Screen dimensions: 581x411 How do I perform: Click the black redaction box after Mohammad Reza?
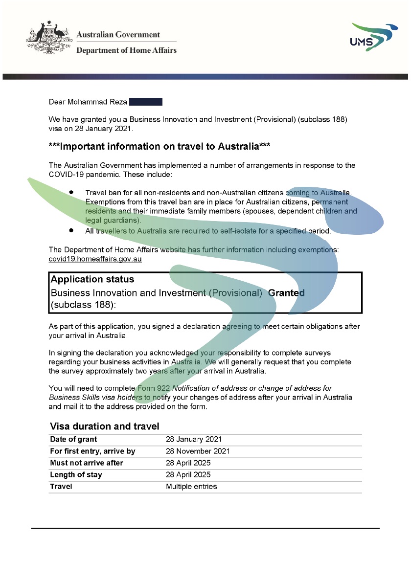click(x=145, y=102)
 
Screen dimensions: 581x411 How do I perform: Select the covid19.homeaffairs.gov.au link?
click(x=95, y=259)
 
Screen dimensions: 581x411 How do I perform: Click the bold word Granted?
click(x=286, y=293)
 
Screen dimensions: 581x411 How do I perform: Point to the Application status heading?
click(x=92, y=280)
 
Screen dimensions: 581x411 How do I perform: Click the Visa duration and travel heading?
click(x=105, y=426)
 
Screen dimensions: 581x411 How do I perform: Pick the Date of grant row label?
click(x=73, y=440)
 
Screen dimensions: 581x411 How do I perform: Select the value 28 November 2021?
click(x=198, y=451)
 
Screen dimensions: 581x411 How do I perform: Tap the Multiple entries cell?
click(x=191, y=487)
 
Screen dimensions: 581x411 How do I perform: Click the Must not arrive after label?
click(x=87, y=463)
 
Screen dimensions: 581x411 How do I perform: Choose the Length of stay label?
click(x=76, y=475)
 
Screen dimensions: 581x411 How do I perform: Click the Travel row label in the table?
click(x=61, y=487)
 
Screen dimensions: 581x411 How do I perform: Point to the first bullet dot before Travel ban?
click(x=71, y=193)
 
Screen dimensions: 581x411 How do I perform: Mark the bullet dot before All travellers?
click(x=71, y=230)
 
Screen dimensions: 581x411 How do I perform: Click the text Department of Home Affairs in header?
click(x=126, y=50)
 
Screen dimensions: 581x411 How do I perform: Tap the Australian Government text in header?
click(x=118, y=35)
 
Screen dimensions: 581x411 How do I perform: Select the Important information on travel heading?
click(x=160, y=147)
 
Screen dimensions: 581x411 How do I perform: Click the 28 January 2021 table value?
click(x=194, y=440)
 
